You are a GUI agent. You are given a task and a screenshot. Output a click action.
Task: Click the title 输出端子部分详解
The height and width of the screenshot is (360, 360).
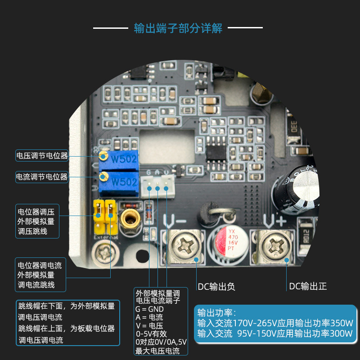click(x=178, y=28)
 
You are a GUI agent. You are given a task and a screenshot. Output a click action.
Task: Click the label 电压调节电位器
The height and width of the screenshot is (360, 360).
click(x=42, y=156)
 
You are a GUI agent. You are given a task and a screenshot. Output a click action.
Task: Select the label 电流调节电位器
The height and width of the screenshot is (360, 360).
click(x=42, y=176)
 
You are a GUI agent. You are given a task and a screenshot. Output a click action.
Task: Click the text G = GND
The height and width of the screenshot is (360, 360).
click(x=149, y=309)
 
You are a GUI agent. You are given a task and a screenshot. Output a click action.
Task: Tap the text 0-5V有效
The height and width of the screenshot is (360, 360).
click(x=151, y=334)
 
